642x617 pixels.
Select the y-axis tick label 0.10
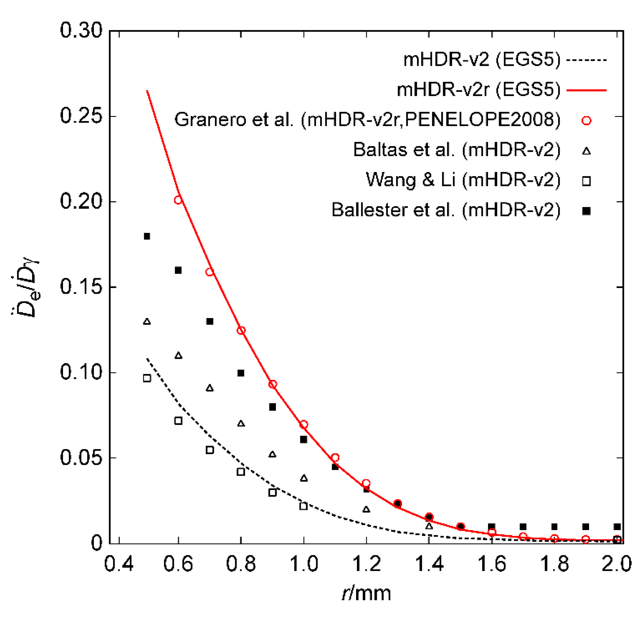[x=81, y=372]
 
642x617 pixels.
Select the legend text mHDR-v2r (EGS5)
[x=479, y=90]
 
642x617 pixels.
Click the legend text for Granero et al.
[x=367, y=120]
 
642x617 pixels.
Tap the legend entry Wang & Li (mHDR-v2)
[x=463, y=180]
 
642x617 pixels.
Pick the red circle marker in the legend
[x=586, y=121]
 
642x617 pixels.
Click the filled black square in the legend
[x=586, y=211]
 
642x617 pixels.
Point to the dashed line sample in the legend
[x=586, y=60]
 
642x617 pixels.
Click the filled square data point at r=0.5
[x=147, y=236]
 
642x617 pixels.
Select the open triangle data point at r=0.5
[x=147, y=322]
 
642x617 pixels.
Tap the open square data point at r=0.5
[x=147, y=378]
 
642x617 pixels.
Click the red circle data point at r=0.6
[x=178, y=200]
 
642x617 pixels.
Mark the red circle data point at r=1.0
[x=304, y=425]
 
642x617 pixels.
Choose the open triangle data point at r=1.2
[x=366, y=509]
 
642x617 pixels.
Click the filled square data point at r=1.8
[x=554, y=527]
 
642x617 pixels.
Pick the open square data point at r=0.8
[x=241, y=472]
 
